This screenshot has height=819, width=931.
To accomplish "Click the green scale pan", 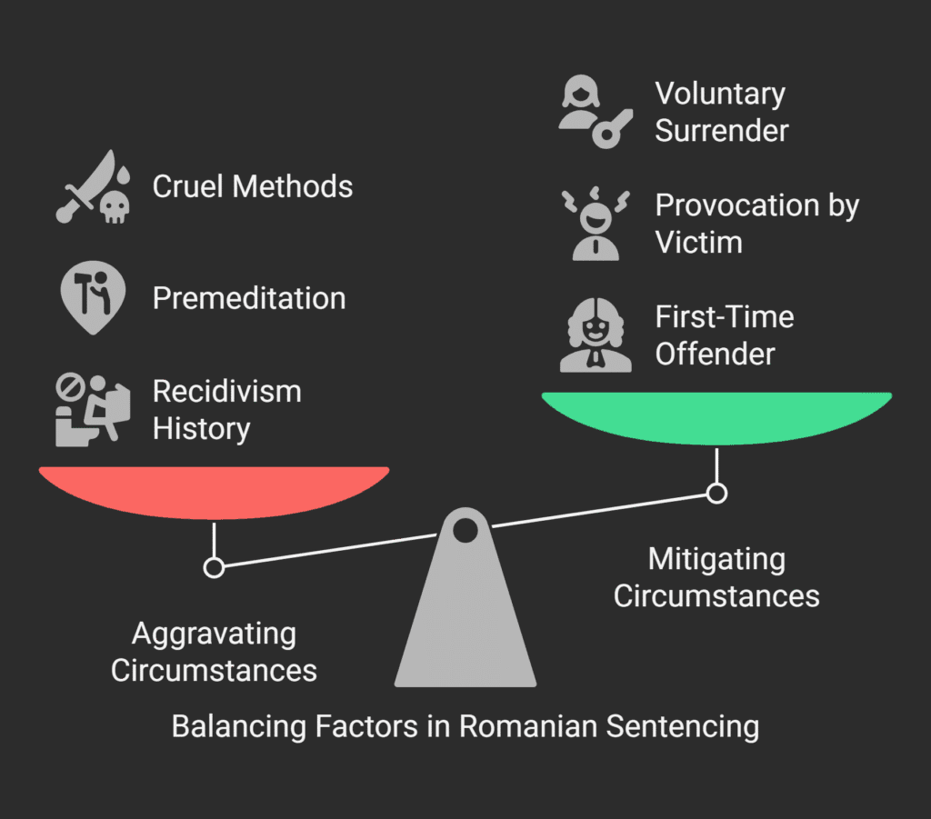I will point(716,417).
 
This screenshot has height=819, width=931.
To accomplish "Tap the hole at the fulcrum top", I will point(465,529).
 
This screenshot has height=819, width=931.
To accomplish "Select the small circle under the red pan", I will point(214,568).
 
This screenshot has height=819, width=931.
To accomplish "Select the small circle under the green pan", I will point(716,494).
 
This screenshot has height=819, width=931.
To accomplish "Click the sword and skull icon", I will point(92,189).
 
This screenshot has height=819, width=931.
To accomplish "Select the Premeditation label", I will point(249,298).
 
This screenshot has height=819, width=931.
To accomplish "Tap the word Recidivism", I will point(226,392).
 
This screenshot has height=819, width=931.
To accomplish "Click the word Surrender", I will point(722,131).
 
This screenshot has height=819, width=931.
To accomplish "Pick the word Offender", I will point(716,355).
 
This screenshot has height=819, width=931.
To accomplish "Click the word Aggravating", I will point(214,634).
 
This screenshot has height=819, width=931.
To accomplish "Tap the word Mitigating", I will point(716,559).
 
